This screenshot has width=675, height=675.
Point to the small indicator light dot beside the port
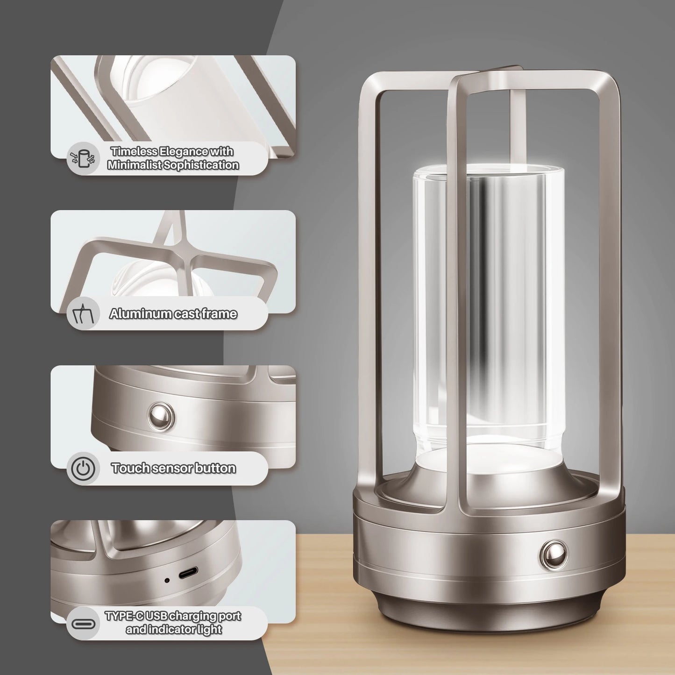167,580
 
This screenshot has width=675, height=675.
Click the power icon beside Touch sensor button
83,468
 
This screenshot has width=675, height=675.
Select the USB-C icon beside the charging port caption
83,623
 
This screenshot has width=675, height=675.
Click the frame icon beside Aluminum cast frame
83,314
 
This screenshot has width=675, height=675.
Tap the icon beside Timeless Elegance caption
83,158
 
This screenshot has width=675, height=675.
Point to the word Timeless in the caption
134,152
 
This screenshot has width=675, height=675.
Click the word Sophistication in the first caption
206,165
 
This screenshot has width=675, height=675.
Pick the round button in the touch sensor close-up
162,414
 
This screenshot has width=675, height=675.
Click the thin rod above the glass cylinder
518,126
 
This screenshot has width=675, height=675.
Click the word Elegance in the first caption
183,152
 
